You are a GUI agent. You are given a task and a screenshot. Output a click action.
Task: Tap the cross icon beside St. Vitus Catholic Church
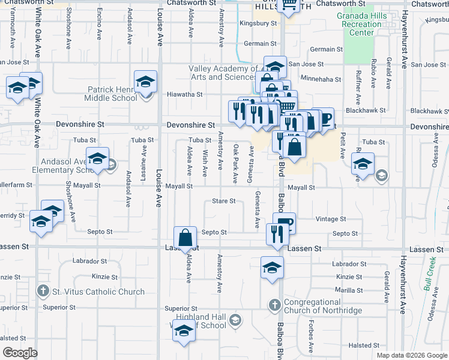43,292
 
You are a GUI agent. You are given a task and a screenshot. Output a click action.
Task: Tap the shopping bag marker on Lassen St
186,238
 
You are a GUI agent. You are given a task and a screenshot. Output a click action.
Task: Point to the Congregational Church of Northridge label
323,306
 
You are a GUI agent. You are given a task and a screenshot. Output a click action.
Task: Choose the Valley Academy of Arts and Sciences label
223,73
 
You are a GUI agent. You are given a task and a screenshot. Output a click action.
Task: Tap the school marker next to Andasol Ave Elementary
97,158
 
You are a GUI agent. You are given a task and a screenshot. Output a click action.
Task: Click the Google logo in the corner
20,353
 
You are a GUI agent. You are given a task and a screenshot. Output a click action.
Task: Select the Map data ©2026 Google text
412,355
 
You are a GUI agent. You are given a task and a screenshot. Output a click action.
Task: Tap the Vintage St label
331,220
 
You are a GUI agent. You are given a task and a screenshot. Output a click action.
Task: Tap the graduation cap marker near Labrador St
272,267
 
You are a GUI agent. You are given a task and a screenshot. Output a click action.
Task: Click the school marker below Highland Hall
184,332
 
